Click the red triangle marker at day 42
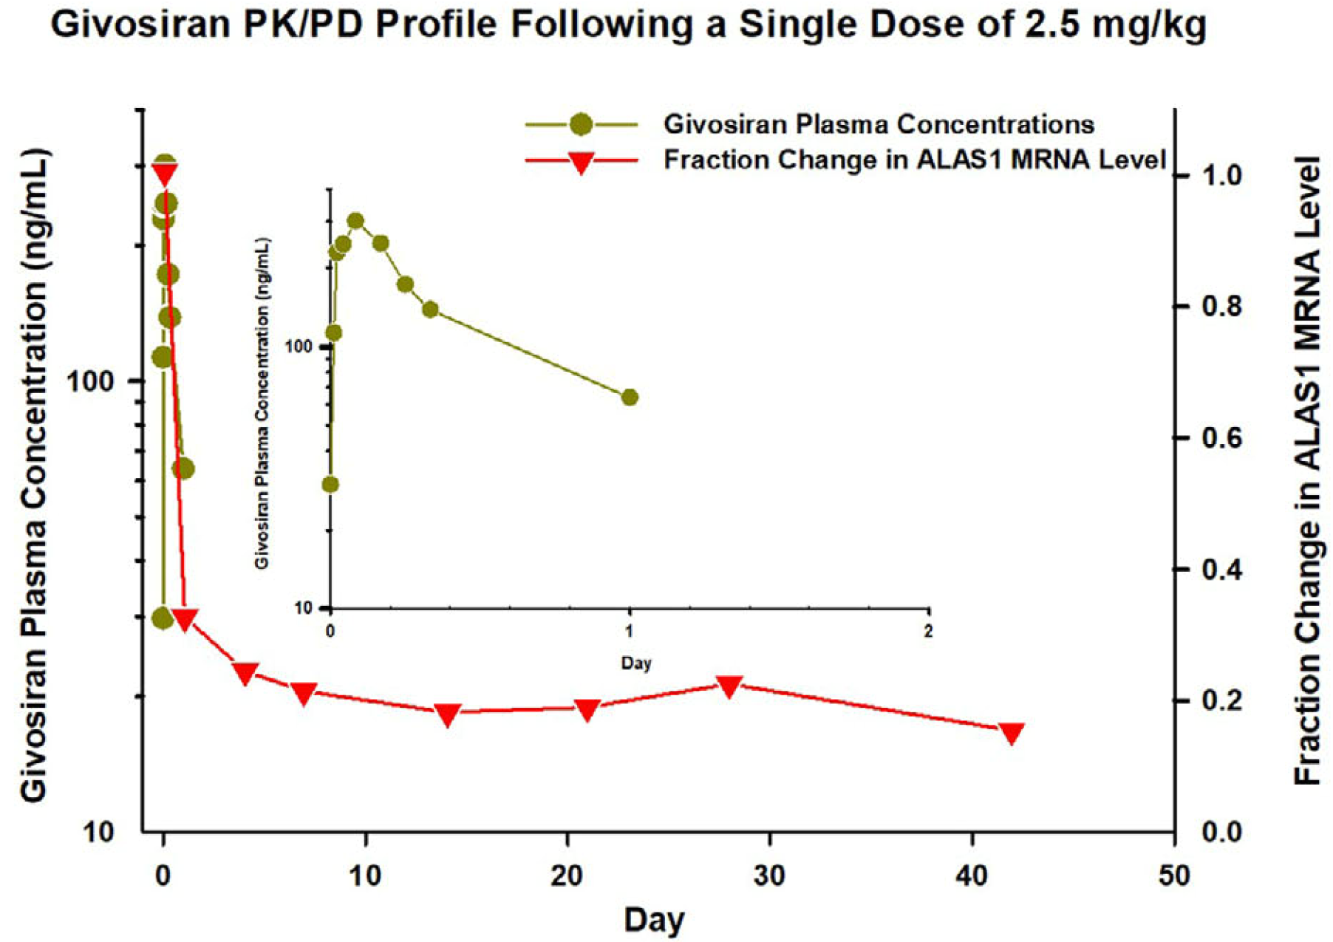[x=1012, y=732]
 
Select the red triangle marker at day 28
[x=729, y=686]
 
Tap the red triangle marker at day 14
[x=447, y=714]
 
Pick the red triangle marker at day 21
[x=587, y=709]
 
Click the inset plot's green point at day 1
[x=630, y=397]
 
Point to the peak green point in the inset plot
[x=355, y=220]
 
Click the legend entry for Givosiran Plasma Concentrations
[x=878, y=124]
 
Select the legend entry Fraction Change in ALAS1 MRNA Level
[x=914, y=160]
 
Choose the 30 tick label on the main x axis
[x=769, y=876]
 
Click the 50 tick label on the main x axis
[x=1173, y=876]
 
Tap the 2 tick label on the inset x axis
[x=929, y=632]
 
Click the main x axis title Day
[x=654, y=920]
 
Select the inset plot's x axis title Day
[x=636, y=663]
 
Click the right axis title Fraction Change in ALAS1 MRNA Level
[x=1309, y=471]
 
